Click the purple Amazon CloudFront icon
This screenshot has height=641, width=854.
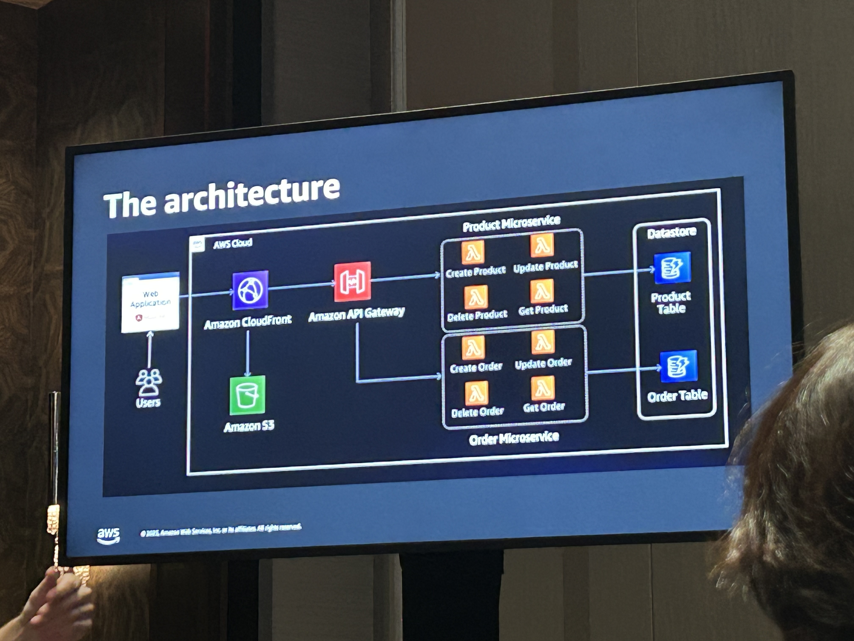click(250, 290)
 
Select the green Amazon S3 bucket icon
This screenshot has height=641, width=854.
click(247, 395)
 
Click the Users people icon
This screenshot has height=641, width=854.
click(149, 383)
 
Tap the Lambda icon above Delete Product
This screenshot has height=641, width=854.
click(476, 297)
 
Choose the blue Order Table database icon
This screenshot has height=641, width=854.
click(678, 366)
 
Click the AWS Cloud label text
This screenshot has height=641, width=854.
click(233, 243)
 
